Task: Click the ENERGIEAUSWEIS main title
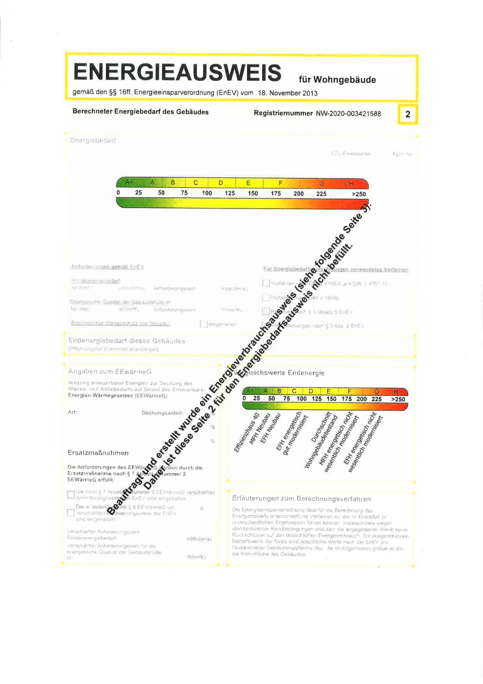pos(177,72)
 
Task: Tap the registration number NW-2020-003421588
pos(348,114)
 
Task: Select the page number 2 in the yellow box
pos(408,114)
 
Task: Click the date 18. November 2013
pos(287,93)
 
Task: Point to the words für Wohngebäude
pos(337,80)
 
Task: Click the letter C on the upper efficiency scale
pos(196,183)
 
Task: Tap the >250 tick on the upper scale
pos(359,194)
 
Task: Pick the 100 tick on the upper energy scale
pos(207,193)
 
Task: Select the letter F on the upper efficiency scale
pos(280,183)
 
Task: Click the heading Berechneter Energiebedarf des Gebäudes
pos(140,112)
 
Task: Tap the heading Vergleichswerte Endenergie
pos(279,373)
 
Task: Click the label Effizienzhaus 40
pos(247,433)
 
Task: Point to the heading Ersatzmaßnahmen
pos(98,453)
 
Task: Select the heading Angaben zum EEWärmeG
pos(110,371)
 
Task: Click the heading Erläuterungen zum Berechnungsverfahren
pos(301,499)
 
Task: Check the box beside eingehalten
pos(203,324)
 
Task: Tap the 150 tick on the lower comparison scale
pos(331,399)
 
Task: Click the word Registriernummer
pos(283,113)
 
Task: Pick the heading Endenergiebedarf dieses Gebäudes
pos(126,341)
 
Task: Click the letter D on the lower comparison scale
pos(311,391)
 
